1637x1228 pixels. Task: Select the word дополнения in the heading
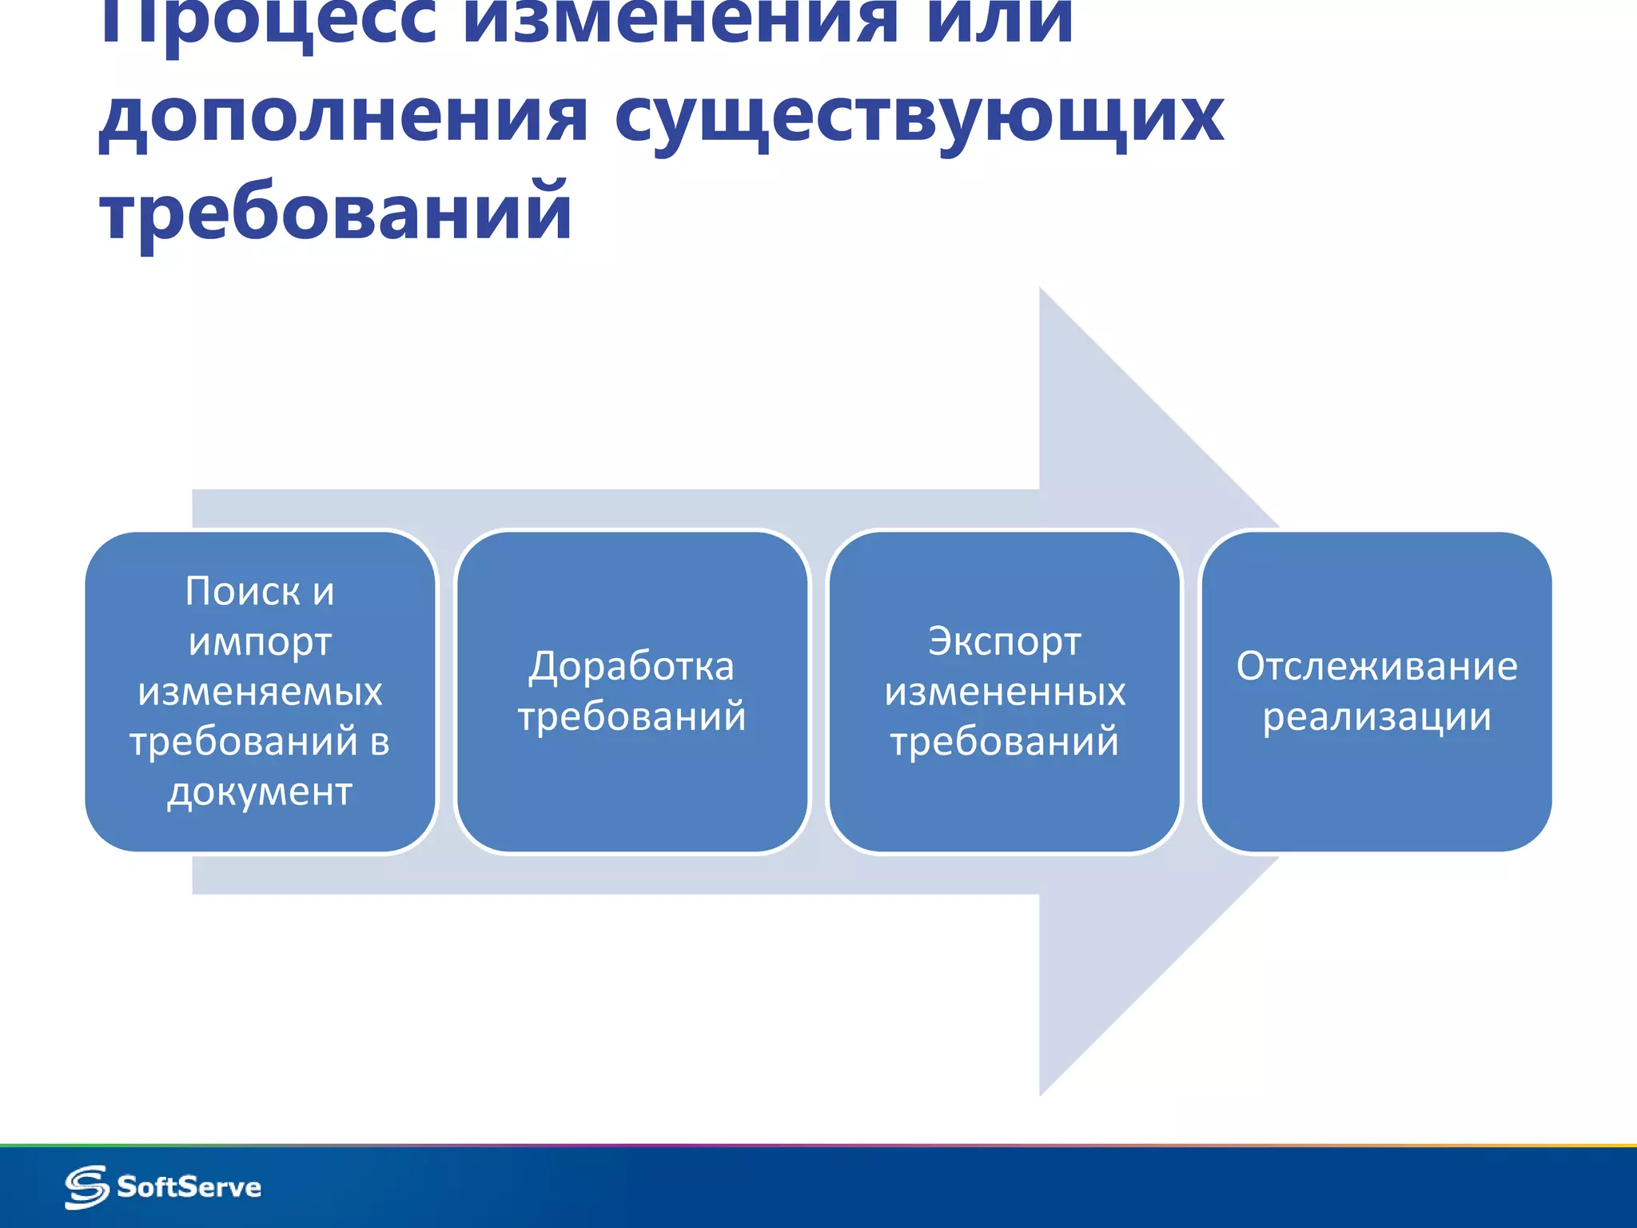point(344,118)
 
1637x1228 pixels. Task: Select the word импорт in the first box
point(260,642)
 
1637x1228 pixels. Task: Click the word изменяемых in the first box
point(260,692)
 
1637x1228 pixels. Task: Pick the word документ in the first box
point(260,791)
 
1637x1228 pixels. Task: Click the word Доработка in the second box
point(631,666)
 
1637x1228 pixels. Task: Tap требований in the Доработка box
point(631,716)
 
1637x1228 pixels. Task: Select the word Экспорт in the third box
point(1005,642)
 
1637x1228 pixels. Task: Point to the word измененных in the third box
point(1005,692)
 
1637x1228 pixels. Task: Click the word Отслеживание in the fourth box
point(1376,666)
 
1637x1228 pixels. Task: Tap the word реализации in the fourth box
point(1376,716)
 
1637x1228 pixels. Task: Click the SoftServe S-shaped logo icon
point(86,1187)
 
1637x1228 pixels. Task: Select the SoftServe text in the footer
point(189,1187)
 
